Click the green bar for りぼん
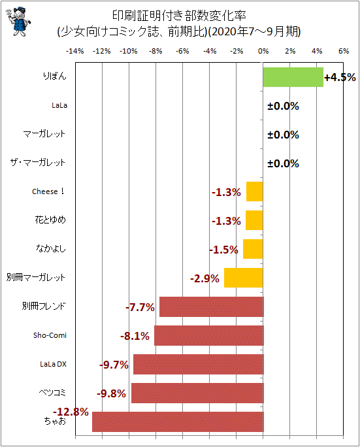point(293,77)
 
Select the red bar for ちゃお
point(178,422)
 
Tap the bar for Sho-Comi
point(209,335)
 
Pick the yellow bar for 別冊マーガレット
point(244,278)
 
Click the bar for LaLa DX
point(199,364)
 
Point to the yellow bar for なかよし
point(253,249)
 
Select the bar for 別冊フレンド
point(212,306)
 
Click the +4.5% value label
point(340,77)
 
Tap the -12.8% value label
point(71,412)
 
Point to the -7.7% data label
point(140,307)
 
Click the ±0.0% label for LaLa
point(283,106)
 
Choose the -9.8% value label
point(111,393)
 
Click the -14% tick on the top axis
point(75,52)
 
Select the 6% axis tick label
point(344,52)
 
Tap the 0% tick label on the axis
point(263,52)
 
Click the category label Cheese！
point(48,191)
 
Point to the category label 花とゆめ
point(50,220)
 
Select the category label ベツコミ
point(52,393)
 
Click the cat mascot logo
point(18,22)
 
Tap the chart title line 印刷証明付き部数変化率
point(179,16)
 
